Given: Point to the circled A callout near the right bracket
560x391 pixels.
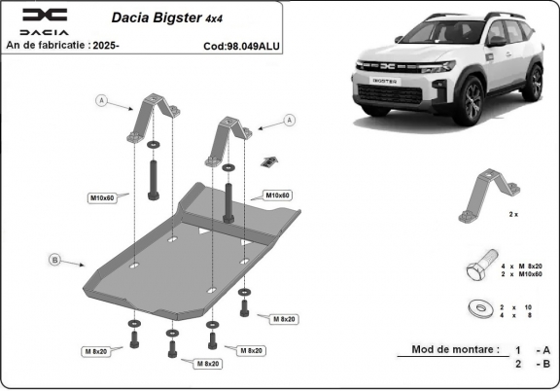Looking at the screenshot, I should point(288,120).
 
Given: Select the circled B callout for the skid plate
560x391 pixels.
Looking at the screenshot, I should point(54,259).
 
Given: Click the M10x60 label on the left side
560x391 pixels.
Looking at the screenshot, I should point(103,197).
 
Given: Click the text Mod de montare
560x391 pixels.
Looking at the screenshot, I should point(455,348).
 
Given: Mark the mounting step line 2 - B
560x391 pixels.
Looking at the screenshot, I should point(534,366).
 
